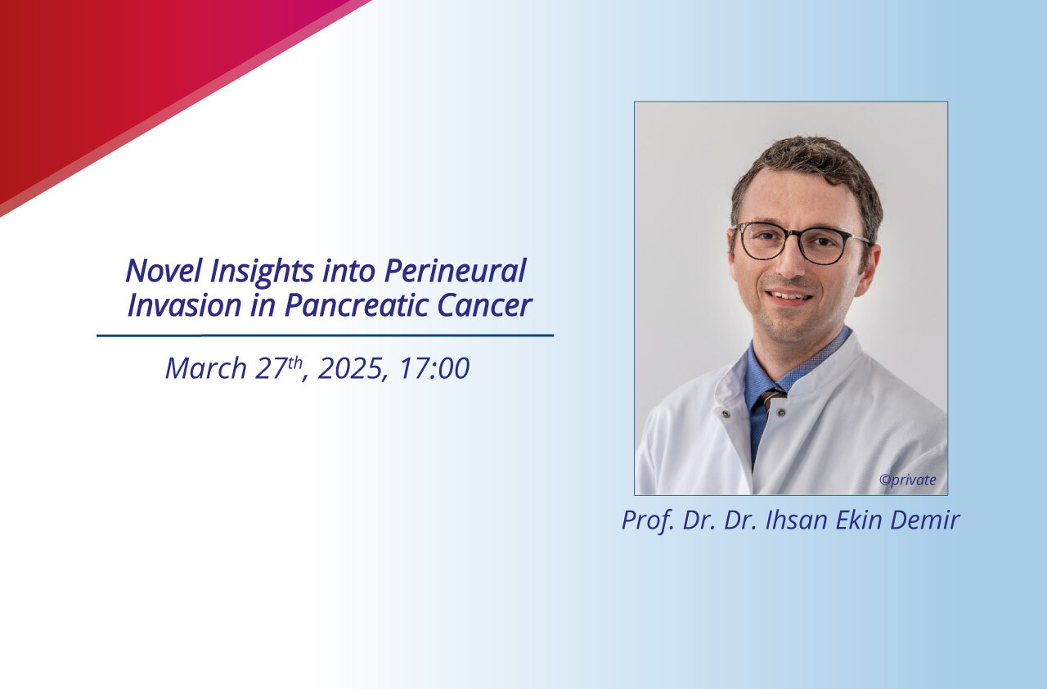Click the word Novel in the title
tap(164, 270)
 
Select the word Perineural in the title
tap(456, 270)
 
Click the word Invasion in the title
tap(184, 305)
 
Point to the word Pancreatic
tap(356, 305)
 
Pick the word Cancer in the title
tap(484, 305)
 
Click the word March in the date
tap(206, 368)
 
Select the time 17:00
tap(434, 368)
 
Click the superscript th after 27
tap(295, 362)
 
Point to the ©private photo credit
tap(908, 480)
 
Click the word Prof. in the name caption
tap(648, 520)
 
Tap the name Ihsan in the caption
tap(796, 520)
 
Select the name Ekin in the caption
tap(858, 520)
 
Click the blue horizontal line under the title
tap(326, 335)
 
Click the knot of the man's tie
tap(771, 399)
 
